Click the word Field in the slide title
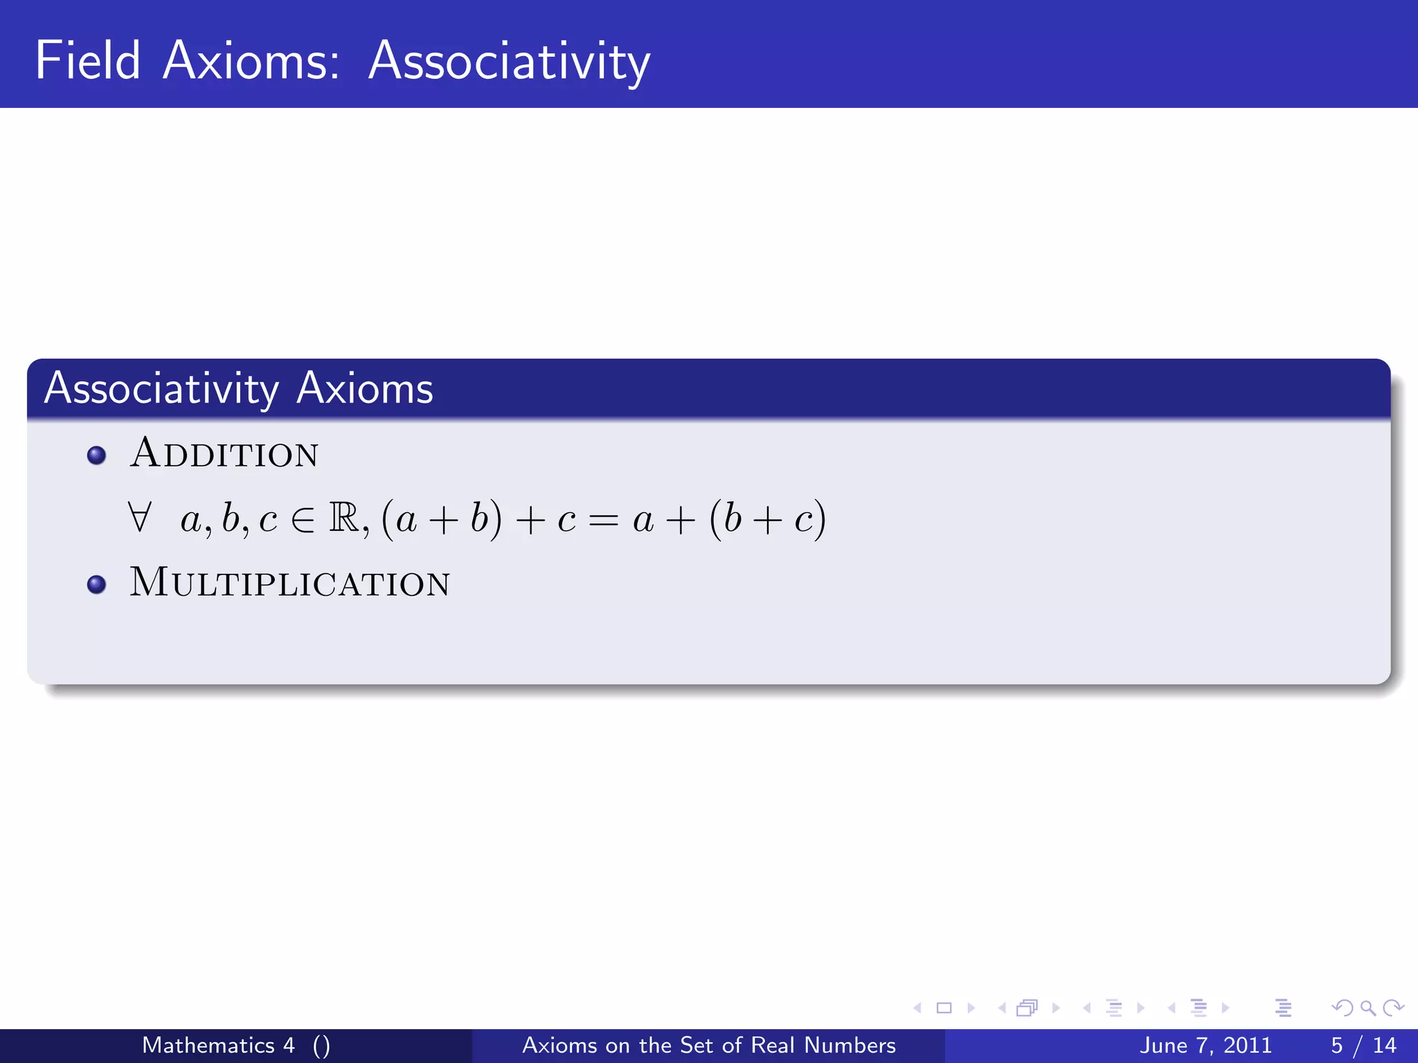(88, 61)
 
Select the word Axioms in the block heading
(365, 389)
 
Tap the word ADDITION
(224, 454)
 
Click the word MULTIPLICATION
(290, 583)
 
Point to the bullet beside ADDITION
(97, 455)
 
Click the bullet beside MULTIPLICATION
(97, 585)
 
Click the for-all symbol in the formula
(140, 518)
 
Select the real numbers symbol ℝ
(344, 518)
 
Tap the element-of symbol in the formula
(303, 520)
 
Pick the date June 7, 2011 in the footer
(1205, 1045)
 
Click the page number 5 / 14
(1363, 1045)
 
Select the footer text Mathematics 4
(218, 1045)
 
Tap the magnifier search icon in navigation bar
(1367, 1008)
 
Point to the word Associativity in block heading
(161, 389)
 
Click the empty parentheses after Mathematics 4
(321, 1046)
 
